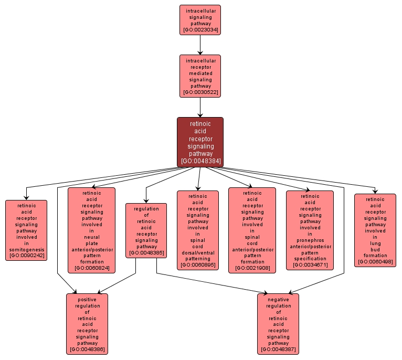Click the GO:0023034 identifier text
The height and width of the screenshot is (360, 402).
click(x=199, y=30)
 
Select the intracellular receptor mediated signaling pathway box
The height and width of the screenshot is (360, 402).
click(x=199, y=76)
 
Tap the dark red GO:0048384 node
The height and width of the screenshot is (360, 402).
click(x=199, y=142)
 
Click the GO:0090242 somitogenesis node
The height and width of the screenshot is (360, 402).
click(x=26, y=230)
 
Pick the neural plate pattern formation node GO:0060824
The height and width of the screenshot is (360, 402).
click(x=91, y=230)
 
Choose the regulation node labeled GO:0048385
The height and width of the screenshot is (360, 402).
click(x=146, y=230)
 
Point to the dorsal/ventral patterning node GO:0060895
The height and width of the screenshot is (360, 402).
click(x=198, y=230)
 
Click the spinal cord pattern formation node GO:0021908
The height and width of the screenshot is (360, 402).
click(x=252, y=230)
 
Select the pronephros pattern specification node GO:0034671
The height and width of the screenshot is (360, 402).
click(x=310, y=230)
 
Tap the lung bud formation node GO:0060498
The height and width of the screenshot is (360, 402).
click(x=375, y=230)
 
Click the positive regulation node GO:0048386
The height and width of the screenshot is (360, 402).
click(x=87, y=323)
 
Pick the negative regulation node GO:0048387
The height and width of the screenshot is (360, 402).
click(x=278, y=323)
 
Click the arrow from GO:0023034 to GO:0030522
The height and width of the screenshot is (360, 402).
click(x=199, y=45)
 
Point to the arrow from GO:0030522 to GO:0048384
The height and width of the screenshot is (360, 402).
click(x=199, y=107)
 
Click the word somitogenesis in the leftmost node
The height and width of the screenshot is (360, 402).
click(x=26, y=249)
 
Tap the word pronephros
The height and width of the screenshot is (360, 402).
click(x=310, y=240)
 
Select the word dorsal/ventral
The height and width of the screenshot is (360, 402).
click(x=198, y=253)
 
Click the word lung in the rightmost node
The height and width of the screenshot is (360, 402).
click(x=375, y=243)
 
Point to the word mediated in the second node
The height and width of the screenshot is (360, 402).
click(x=199, y=73)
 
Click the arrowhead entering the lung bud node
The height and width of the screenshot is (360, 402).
click(x=375, y=190)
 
